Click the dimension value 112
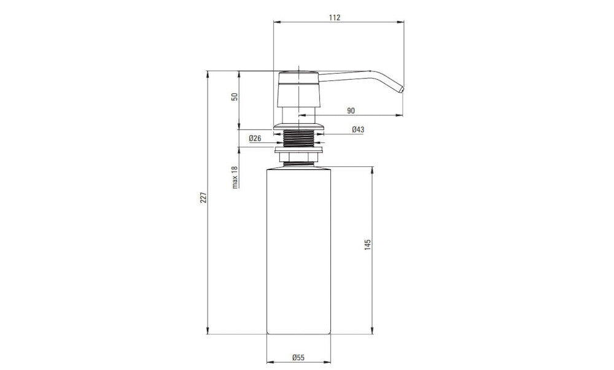[x=335, y=18]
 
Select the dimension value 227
[x=203, y=198]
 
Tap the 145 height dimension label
[x=368, y=244]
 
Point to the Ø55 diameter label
[x=298, y=358]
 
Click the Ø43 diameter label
[x=358, y=129]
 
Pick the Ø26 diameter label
[x=255, y=139]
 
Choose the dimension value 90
[x=351, y=110]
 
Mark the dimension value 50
[x=235, y=96]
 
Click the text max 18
[x=235, y=177]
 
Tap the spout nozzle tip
[x=402, y=90]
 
